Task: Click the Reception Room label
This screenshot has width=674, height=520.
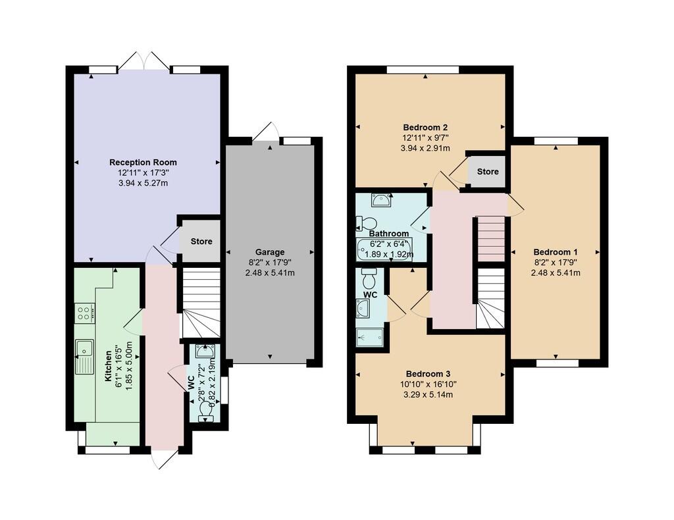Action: pos(143,162)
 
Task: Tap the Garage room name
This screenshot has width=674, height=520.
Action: pos(270,251)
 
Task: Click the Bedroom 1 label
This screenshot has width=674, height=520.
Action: pos(556,251)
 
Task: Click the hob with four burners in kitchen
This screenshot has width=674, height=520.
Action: pos(84,313)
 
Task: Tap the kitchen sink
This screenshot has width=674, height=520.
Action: pos(85,355)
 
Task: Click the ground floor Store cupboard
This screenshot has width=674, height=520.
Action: pos(201,241)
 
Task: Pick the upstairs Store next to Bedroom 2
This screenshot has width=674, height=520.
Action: pos(487,171)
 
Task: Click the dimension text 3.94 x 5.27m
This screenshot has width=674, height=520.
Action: pos(143,183)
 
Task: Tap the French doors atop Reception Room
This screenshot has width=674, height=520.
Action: pos(145,62)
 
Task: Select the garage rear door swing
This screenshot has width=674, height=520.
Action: pos(264,132)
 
